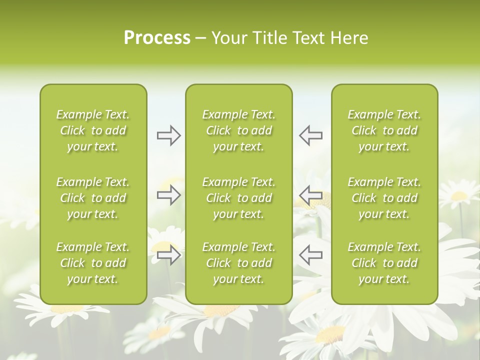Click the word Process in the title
(x=157, y=38)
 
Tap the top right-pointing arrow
(x=168, y=135)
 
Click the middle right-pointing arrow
(x=168, y=195)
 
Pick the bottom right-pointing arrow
(x=168, y=255)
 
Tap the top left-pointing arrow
(x=310, y=135)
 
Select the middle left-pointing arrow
(x=310, y=195)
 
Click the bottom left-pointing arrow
(x=310, y=255)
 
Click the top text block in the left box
(x=93, y=130)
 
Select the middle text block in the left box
(x=93, y=198)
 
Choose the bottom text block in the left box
(x=93, y=263)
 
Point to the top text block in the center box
(x=238, y=130)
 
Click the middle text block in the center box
(x=238, y=198)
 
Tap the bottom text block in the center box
(x=238, y=263)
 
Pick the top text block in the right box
(x=384, y=130)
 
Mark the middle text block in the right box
(x=384, y=198)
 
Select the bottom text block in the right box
(x=384, y=263)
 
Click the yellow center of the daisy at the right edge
(x=459, y=196)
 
